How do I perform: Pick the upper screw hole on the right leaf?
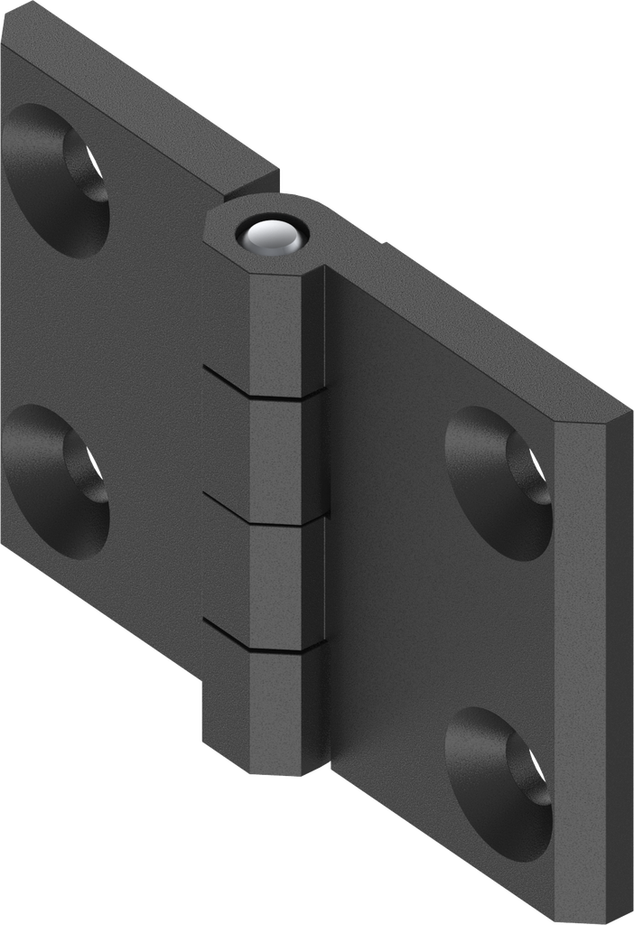point(499,482)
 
